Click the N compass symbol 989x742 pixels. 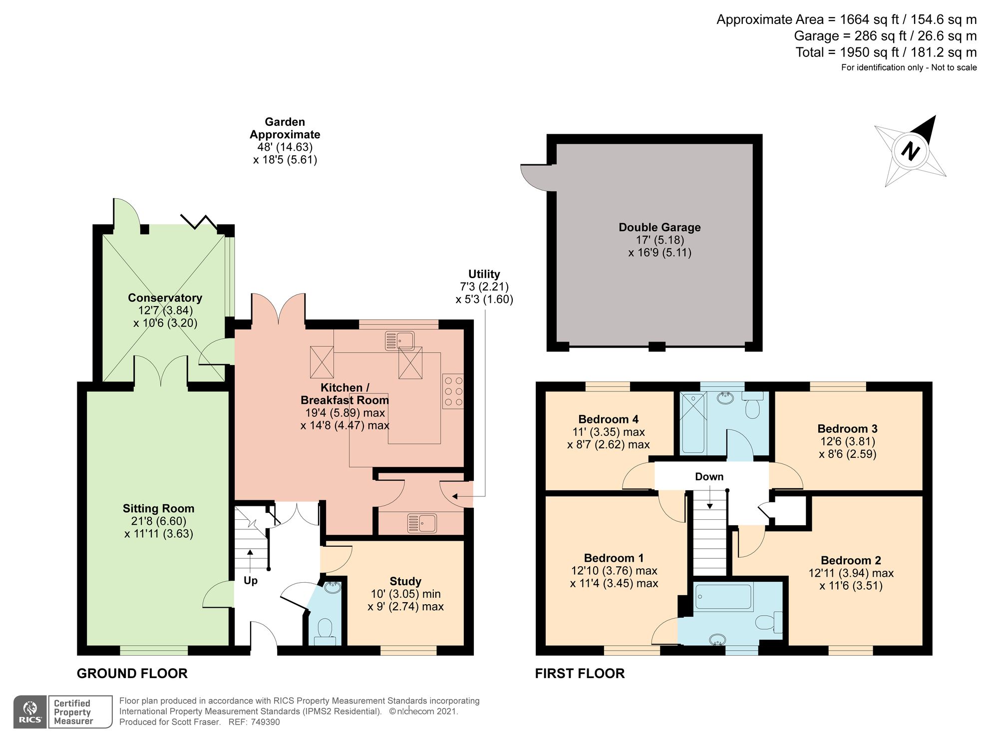coord(910,150)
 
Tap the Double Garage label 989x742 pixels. coord(659,227)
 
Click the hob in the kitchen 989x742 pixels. coord(453,391)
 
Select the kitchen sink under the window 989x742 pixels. coord(399,341)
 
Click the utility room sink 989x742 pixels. coord(422,523)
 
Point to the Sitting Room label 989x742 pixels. coord(158,508)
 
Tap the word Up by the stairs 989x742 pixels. coord(251,580)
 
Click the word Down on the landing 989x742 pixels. coord(709,476)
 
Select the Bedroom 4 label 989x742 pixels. coord(608,419)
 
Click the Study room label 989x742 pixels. coord(405,581)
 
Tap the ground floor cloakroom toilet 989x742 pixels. coord(325,630)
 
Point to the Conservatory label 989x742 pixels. coord(165,298)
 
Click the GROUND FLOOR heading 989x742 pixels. coord(132,673)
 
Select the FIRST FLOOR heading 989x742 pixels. coord(580,673)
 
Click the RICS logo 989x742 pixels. coord(30,712)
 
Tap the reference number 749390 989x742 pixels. coord(265,722)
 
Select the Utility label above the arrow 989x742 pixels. coord(484,274)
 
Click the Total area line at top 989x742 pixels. coord(886,52)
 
